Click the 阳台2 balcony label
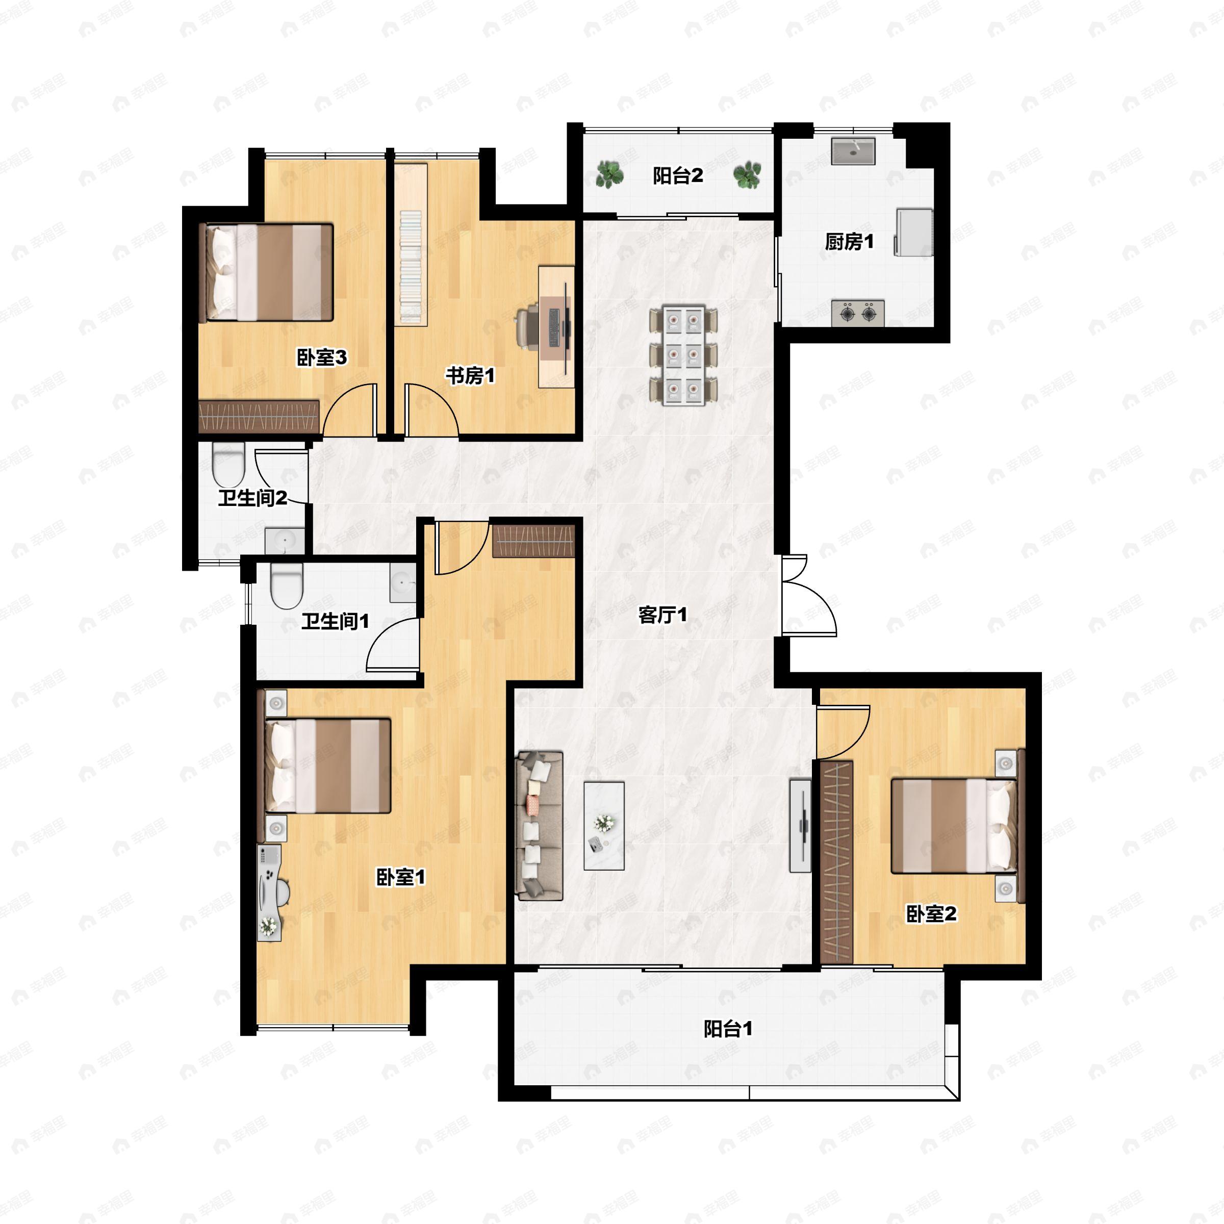coord(678,175)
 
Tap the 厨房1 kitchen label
coord(849,241)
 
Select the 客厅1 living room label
coord(662,615)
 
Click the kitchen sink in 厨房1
coord(853,151)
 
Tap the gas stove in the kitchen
coord(858,313)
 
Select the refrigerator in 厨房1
coord(913,232)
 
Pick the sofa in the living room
coord(540,826)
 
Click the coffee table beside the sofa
coord(604,826)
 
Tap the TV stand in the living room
coord(800,826)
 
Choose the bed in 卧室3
coord(266,272)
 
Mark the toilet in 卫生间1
coord(286,586)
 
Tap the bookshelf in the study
coord(411,245)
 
